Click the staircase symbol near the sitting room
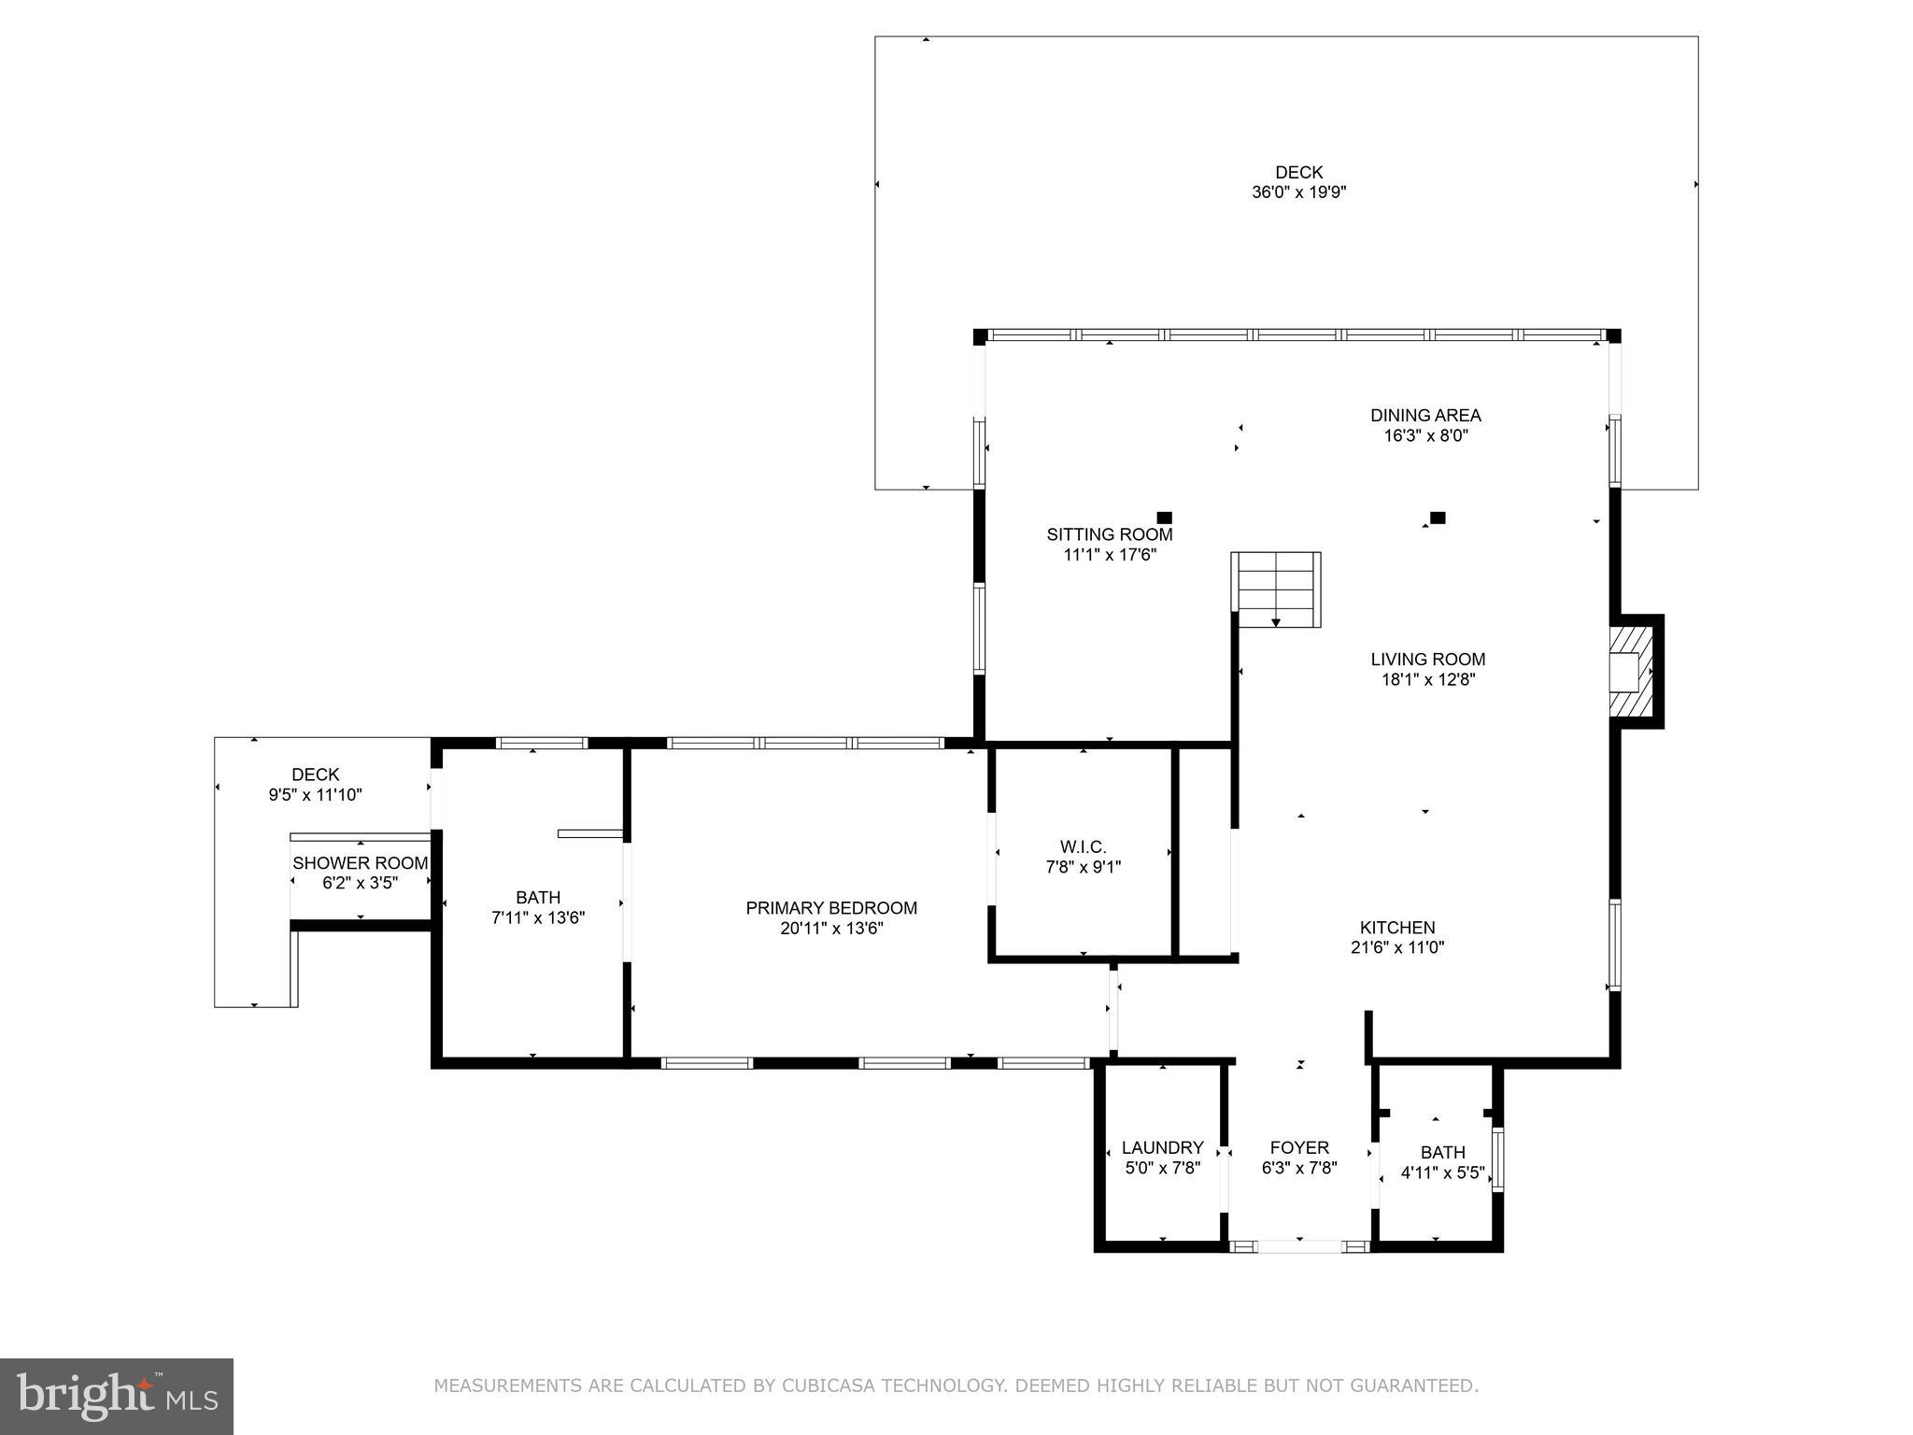pyautogui.click(x=1276, y=590)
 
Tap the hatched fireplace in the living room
pyautogui.click(x=1631, y=672)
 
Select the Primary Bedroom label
pyautogui.click(x=831, y=908)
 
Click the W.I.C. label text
pyautogui.click(x=1083, y=846)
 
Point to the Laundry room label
pyautogui.click(x=1162, y=1147)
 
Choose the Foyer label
pyautogui.click(x=1298, y=1147)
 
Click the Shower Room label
pyautogui.click(x=360, y=863)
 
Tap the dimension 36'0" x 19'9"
pyautogui.click(x=1298, y=192)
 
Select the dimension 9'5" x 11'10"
pyautogui.click(x=315, y=795)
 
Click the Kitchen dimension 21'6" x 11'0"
pyautogui.click(x=1397, y=947)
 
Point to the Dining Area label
pyautogui.click(x=1425, y=415)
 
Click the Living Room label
pyautogui.click(x=1427, y=660)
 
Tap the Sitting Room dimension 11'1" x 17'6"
pyautogui.click(x=1110, y=554)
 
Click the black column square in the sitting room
pyautogui.click(x=1164, y=518)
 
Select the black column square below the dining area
pyautogui.click(x=1438, y=518)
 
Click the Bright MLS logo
pyautogui.click(x=117, y=1396)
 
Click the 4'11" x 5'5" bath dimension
pyautogui.click(x=1442, y=1172)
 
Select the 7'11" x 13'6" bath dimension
pyautogui.click(x=538, y=917)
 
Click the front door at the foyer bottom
pyautogui.click(x=1299, y=1246)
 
